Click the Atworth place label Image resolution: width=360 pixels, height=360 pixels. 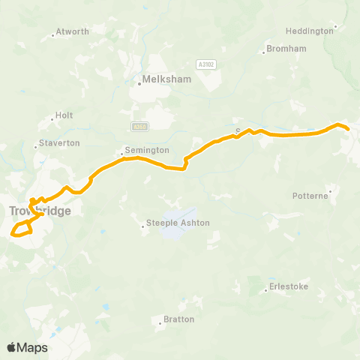point(73,31)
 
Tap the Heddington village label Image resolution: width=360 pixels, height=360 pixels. point(309,31)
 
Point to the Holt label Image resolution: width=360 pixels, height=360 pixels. point(64,116)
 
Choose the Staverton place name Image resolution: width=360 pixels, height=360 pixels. point(61,142)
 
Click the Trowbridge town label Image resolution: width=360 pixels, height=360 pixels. point(40,211)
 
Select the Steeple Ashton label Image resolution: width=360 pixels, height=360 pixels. point(177,223)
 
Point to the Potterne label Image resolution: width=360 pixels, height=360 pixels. point(310,196)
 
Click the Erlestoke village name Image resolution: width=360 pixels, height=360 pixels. point(289,286)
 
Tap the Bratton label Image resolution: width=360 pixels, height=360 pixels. point(178,319)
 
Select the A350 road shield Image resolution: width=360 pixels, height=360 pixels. point(136,126)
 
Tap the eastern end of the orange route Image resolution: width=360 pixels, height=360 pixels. point(349,130)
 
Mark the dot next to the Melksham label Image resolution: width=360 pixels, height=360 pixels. point(139,84)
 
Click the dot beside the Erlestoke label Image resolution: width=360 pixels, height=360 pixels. point(266,287)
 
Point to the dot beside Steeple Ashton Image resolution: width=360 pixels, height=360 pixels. point(143,223)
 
